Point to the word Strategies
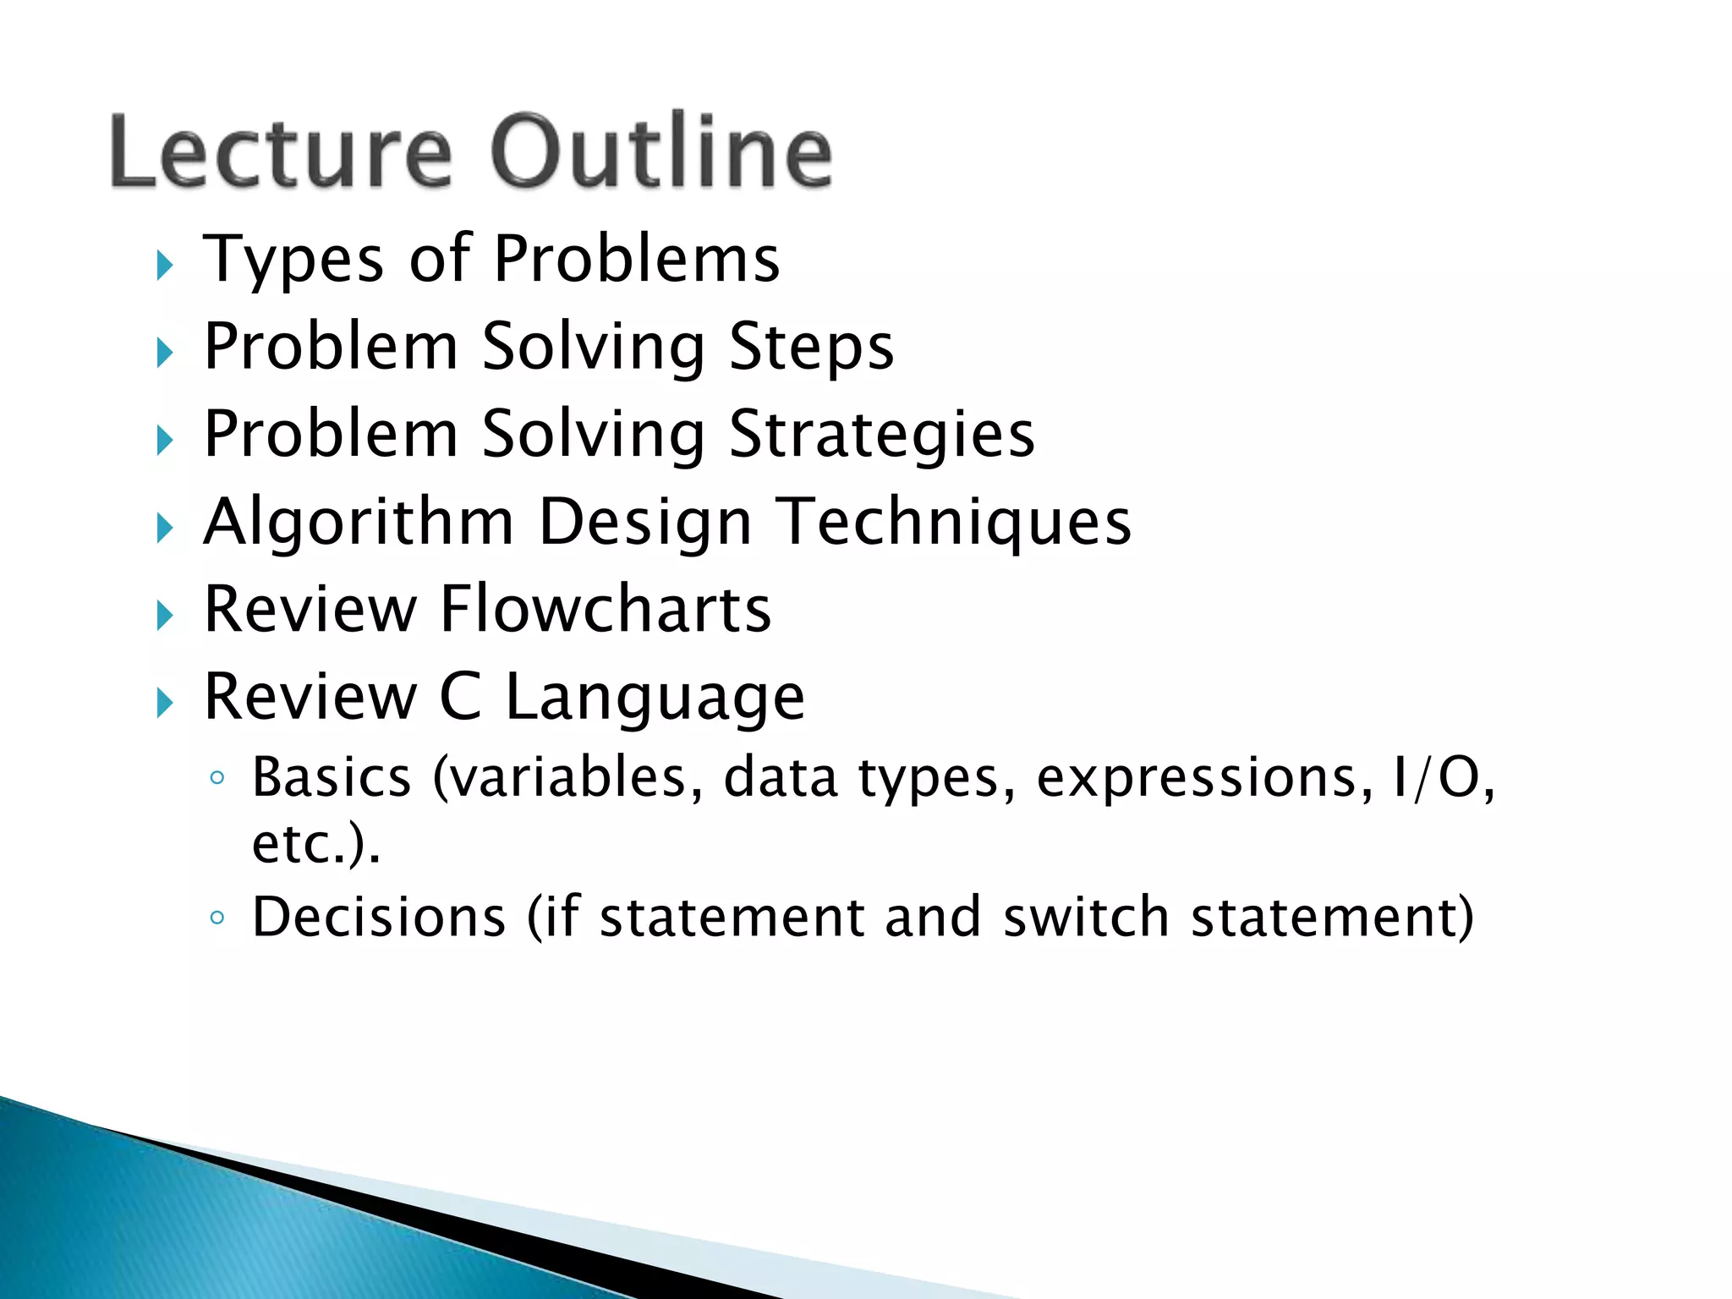[881, 435]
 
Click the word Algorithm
[359, 523]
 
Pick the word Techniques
[954, 523]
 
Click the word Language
[655, 699]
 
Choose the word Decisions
[379, 917]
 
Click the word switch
[1086, 917]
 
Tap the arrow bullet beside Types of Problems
[165, 266]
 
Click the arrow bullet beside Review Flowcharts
[165, 616]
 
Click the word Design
[644, 523]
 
